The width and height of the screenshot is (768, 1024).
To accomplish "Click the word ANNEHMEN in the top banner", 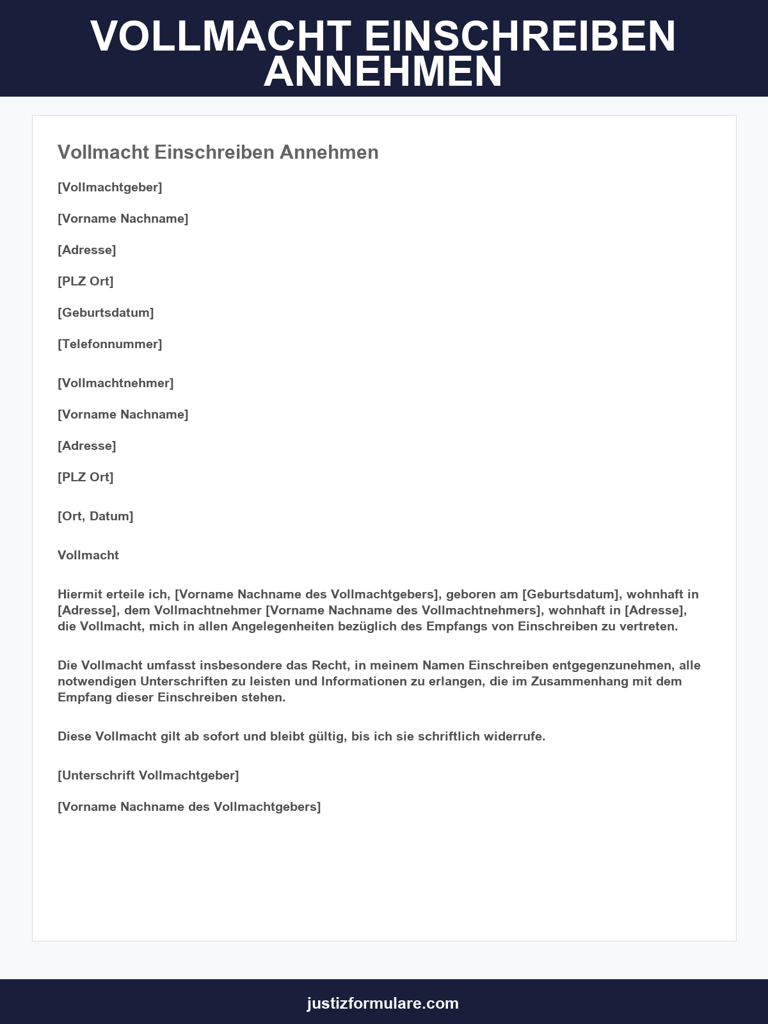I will [x=383, y=72].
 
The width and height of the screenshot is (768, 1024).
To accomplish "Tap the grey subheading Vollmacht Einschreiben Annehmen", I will [x=218, y=152].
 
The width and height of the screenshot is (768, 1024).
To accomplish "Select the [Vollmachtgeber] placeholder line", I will [x=110, y=187].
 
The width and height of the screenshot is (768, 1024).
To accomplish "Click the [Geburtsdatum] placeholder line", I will [x=106, y=312].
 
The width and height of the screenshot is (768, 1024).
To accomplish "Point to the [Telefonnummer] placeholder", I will [x=110, y=344].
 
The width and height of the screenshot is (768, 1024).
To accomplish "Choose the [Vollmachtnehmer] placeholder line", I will [x=116, y=383].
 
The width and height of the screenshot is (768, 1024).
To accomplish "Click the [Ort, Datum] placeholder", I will [x=95, y=516].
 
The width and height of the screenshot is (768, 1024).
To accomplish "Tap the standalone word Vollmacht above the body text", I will [x=88, y=555].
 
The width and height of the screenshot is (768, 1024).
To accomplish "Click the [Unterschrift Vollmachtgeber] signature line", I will [x=148, y=775].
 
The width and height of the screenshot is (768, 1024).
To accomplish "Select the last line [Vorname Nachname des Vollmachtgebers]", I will [x=189, y=806].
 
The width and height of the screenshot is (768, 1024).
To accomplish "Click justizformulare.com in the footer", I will [x=383, y=1003].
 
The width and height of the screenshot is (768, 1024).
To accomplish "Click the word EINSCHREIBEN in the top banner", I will [x=520, y=36].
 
